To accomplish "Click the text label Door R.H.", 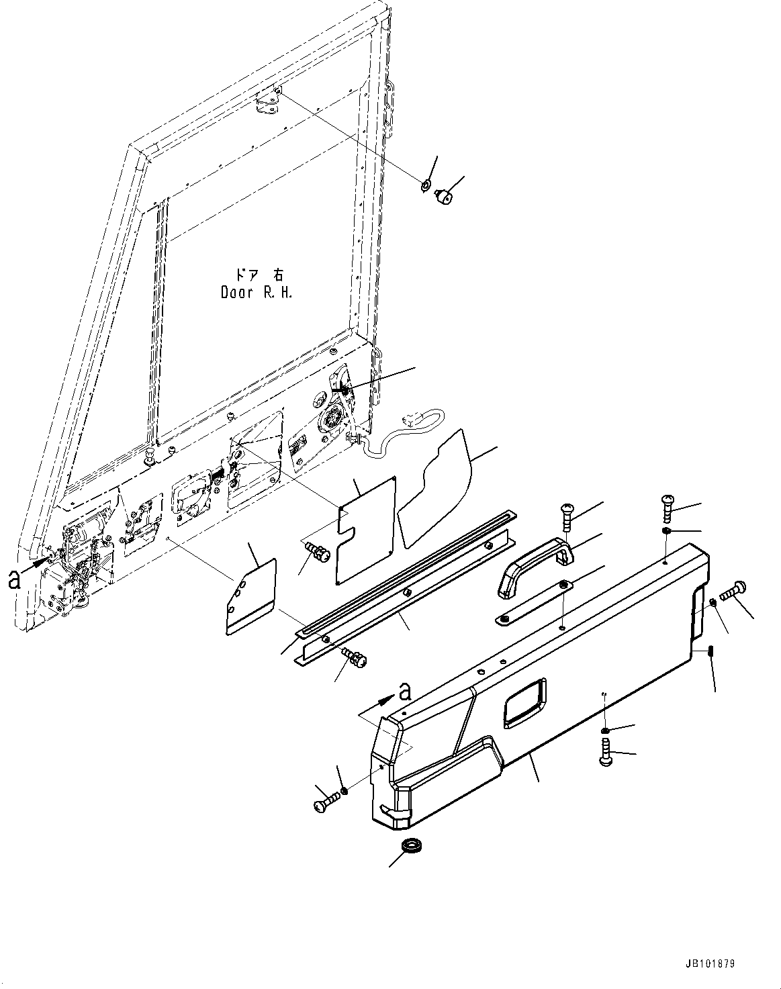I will point(257,293).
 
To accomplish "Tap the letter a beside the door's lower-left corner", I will point(13,579).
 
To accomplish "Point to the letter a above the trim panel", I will point(404,690).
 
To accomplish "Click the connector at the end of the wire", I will point(408,421).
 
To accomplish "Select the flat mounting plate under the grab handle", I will point(535,602).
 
